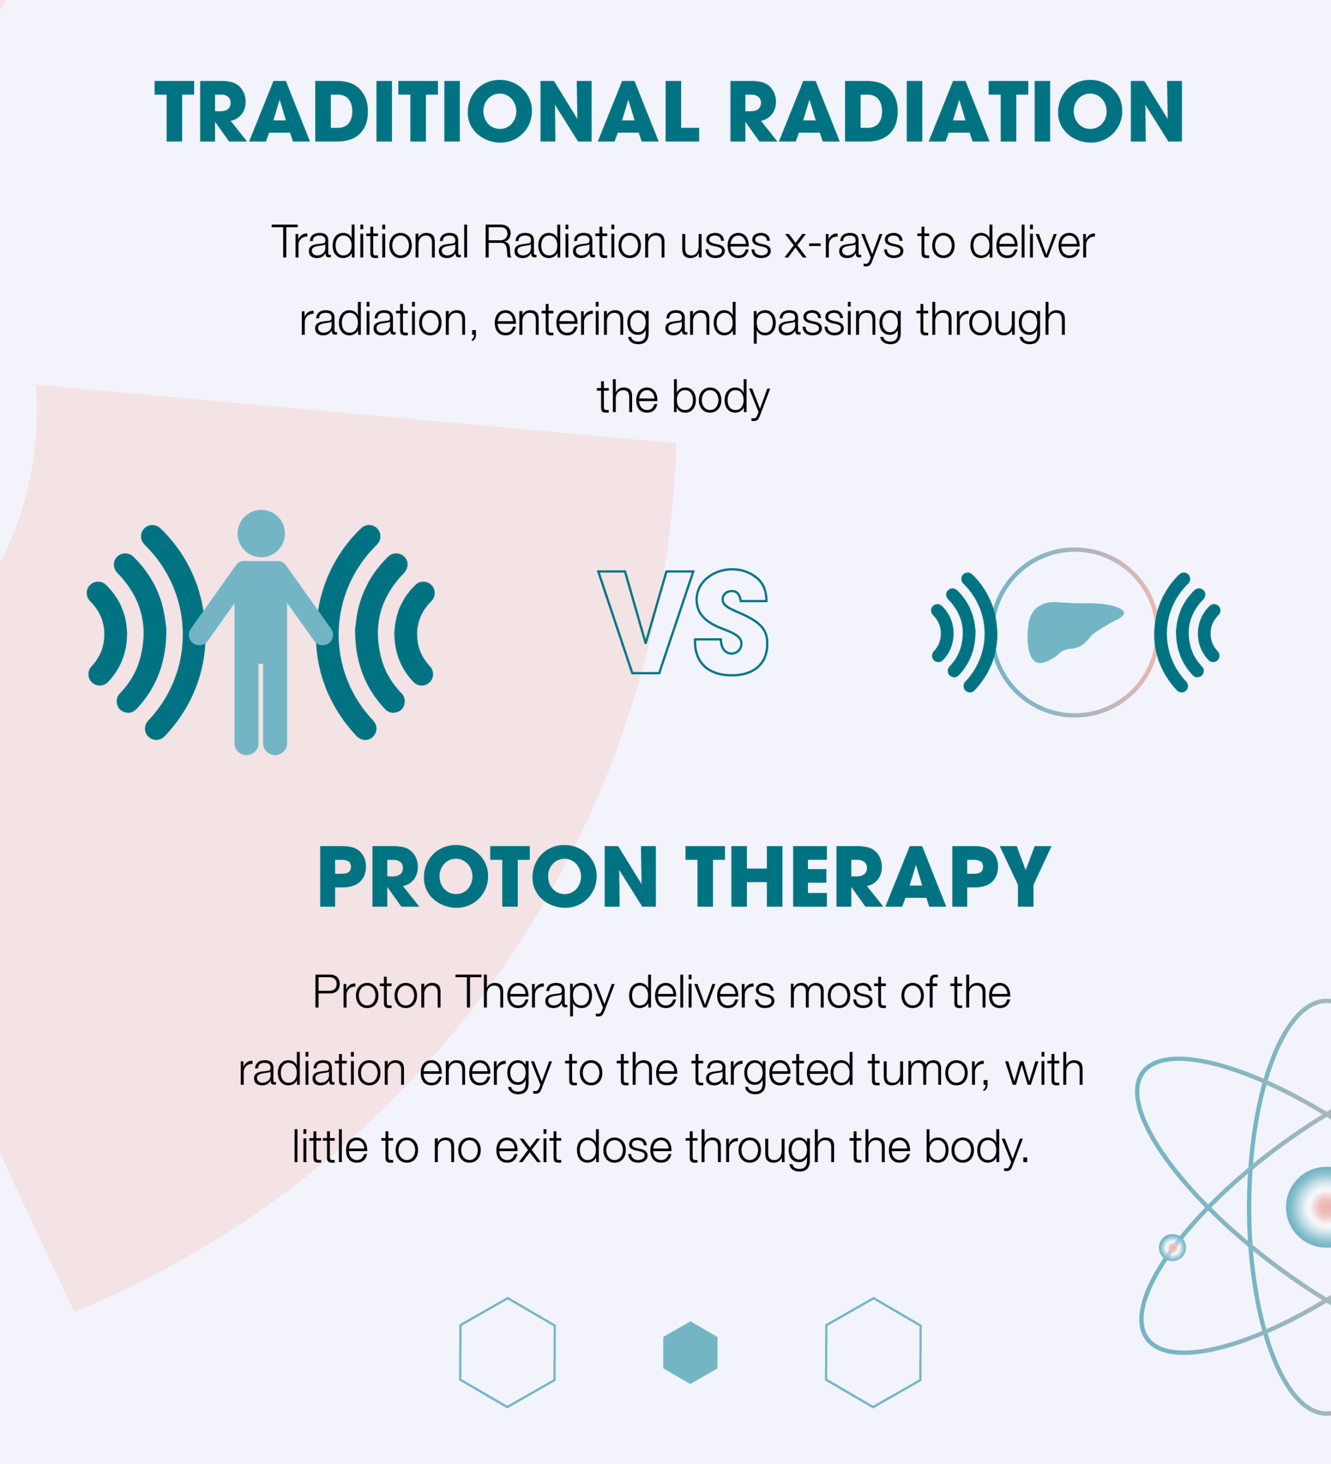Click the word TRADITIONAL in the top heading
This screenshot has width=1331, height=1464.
coord(426,111)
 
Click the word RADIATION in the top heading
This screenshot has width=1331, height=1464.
coord(956,111)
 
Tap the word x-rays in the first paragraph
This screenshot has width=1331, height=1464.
coord(844,243)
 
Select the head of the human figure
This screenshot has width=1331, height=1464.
coord(261,533)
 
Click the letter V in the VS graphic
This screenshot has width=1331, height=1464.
coord(645,622)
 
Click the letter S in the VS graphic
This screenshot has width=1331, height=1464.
coord(731,622)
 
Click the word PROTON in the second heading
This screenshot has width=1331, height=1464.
coord(487,877)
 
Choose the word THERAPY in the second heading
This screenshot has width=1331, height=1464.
coord(868,877)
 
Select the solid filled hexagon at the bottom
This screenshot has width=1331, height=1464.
coord(690,1352)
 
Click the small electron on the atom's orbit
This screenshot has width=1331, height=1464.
coord(1172,1248)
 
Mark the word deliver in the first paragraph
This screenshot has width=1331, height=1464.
coord(1032,242)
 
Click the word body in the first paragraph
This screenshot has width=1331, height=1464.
coord(720,399)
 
